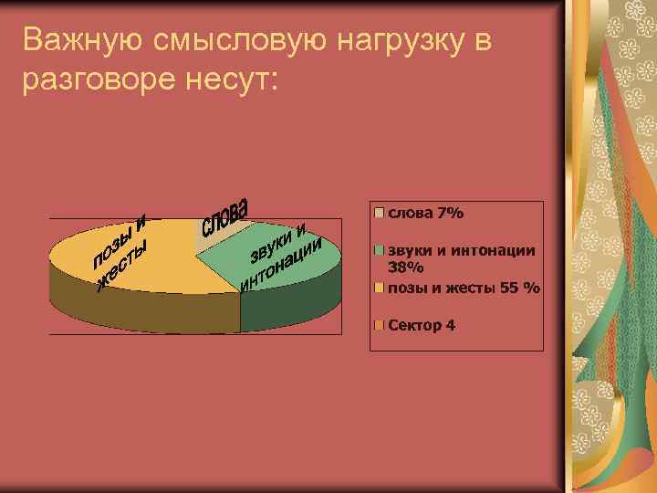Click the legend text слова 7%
pos(426,214)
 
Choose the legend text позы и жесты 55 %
pos(464,288)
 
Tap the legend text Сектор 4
pos(422,325)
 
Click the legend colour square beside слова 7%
pos(379,214)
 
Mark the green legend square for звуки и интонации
pos(379,250)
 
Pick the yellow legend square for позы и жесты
pos(379,288)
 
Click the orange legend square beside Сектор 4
pos(379,325)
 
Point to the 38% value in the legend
pos(406,267)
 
